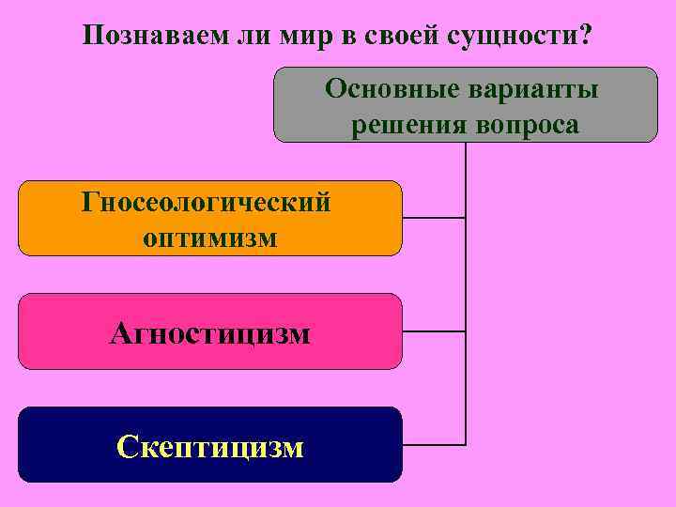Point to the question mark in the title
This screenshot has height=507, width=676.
pos(586,36)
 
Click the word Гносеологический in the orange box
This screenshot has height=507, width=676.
pos(207,202)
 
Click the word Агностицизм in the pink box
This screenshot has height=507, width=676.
pos(209,332)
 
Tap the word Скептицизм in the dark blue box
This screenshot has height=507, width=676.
pos(210,446)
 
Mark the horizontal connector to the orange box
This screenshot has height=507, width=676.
pos(434,218)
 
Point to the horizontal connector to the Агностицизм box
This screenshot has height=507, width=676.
pos(434,331)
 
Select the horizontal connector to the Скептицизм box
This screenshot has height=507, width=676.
pos(434,442)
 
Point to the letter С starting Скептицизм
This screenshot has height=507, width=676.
pos(127,446)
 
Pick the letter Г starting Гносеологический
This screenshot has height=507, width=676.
pos(90,202)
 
